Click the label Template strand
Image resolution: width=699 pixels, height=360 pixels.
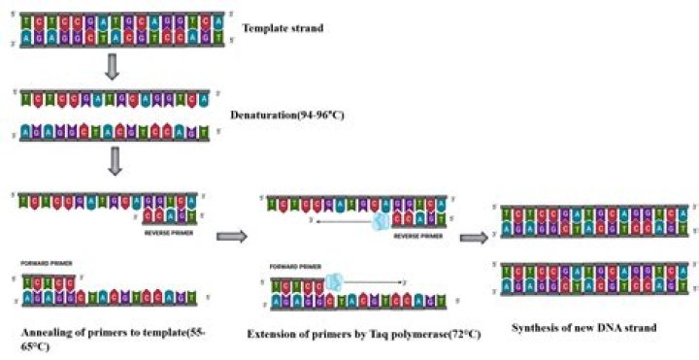(x=283, y=28)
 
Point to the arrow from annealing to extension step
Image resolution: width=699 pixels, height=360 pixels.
(x=231, y=236)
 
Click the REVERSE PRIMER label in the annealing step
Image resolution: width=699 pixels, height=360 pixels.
(x=171, y=232)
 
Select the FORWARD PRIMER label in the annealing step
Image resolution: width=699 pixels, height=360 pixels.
(x=47, y=262)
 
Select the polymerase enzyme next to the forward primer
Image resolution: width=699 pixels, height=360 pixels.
(x=335, y=281)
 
